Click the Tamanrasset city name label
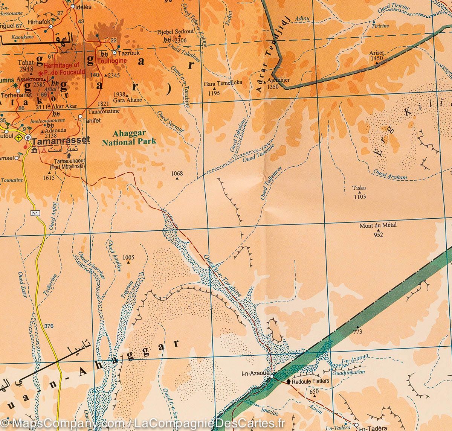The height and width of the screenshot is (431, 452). pyautogui.click(x=61, y=140)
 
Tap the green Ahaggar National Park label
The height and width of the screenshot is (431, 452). pyautogui.click(x=129, y=138)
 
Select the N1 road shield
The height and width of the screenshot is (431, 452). pyautogui.click(x=35, y=213)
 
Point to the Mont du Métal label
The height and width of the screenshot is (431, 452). pyautogui.click(x=378, y=226)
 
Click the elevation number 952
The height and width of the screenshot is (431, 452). pyautogui.click(x=378, y=235)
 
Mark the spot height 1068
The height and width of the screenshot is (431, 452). pyautogui.click(x=177, y=174)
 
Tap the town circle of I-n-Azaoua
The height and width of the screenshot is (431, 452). pyautogui.click(x=271, y=376)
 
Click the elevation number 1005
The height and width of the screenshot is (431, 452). pyautogui.click(x=128, y=257)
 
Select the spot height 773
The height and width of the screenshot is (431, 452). pyautogui.click(x=357, y=332)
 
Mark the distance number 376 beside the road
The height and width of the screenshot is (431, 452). pyautogui.click(x=49, y=326)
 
